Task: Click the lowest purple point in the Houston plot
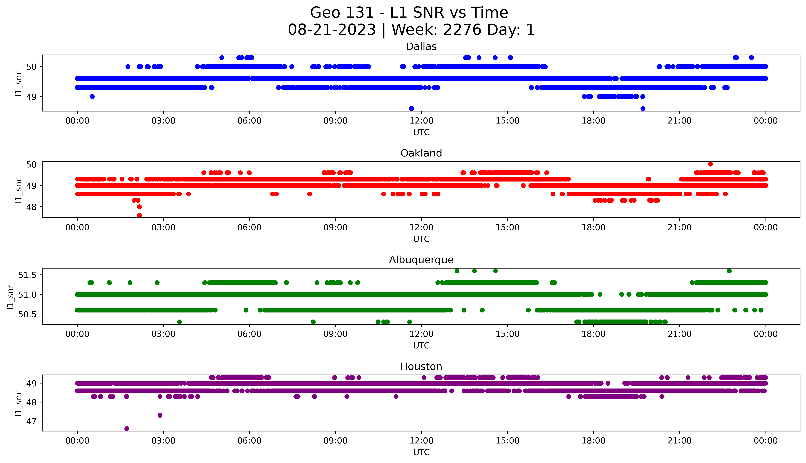tap(127, 428)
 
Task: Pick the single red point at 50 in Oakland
tap(710, 164)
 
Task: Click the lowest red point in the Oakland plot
tap(139, 215)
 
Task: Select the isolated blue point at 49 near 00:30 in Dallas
tap(92, 96)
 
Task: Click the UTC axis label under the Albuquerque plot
tap(421, 345)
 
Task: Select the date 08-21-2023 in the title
tap(332, 30)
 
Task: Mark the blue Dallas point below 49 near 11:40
tap(411, 108)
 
